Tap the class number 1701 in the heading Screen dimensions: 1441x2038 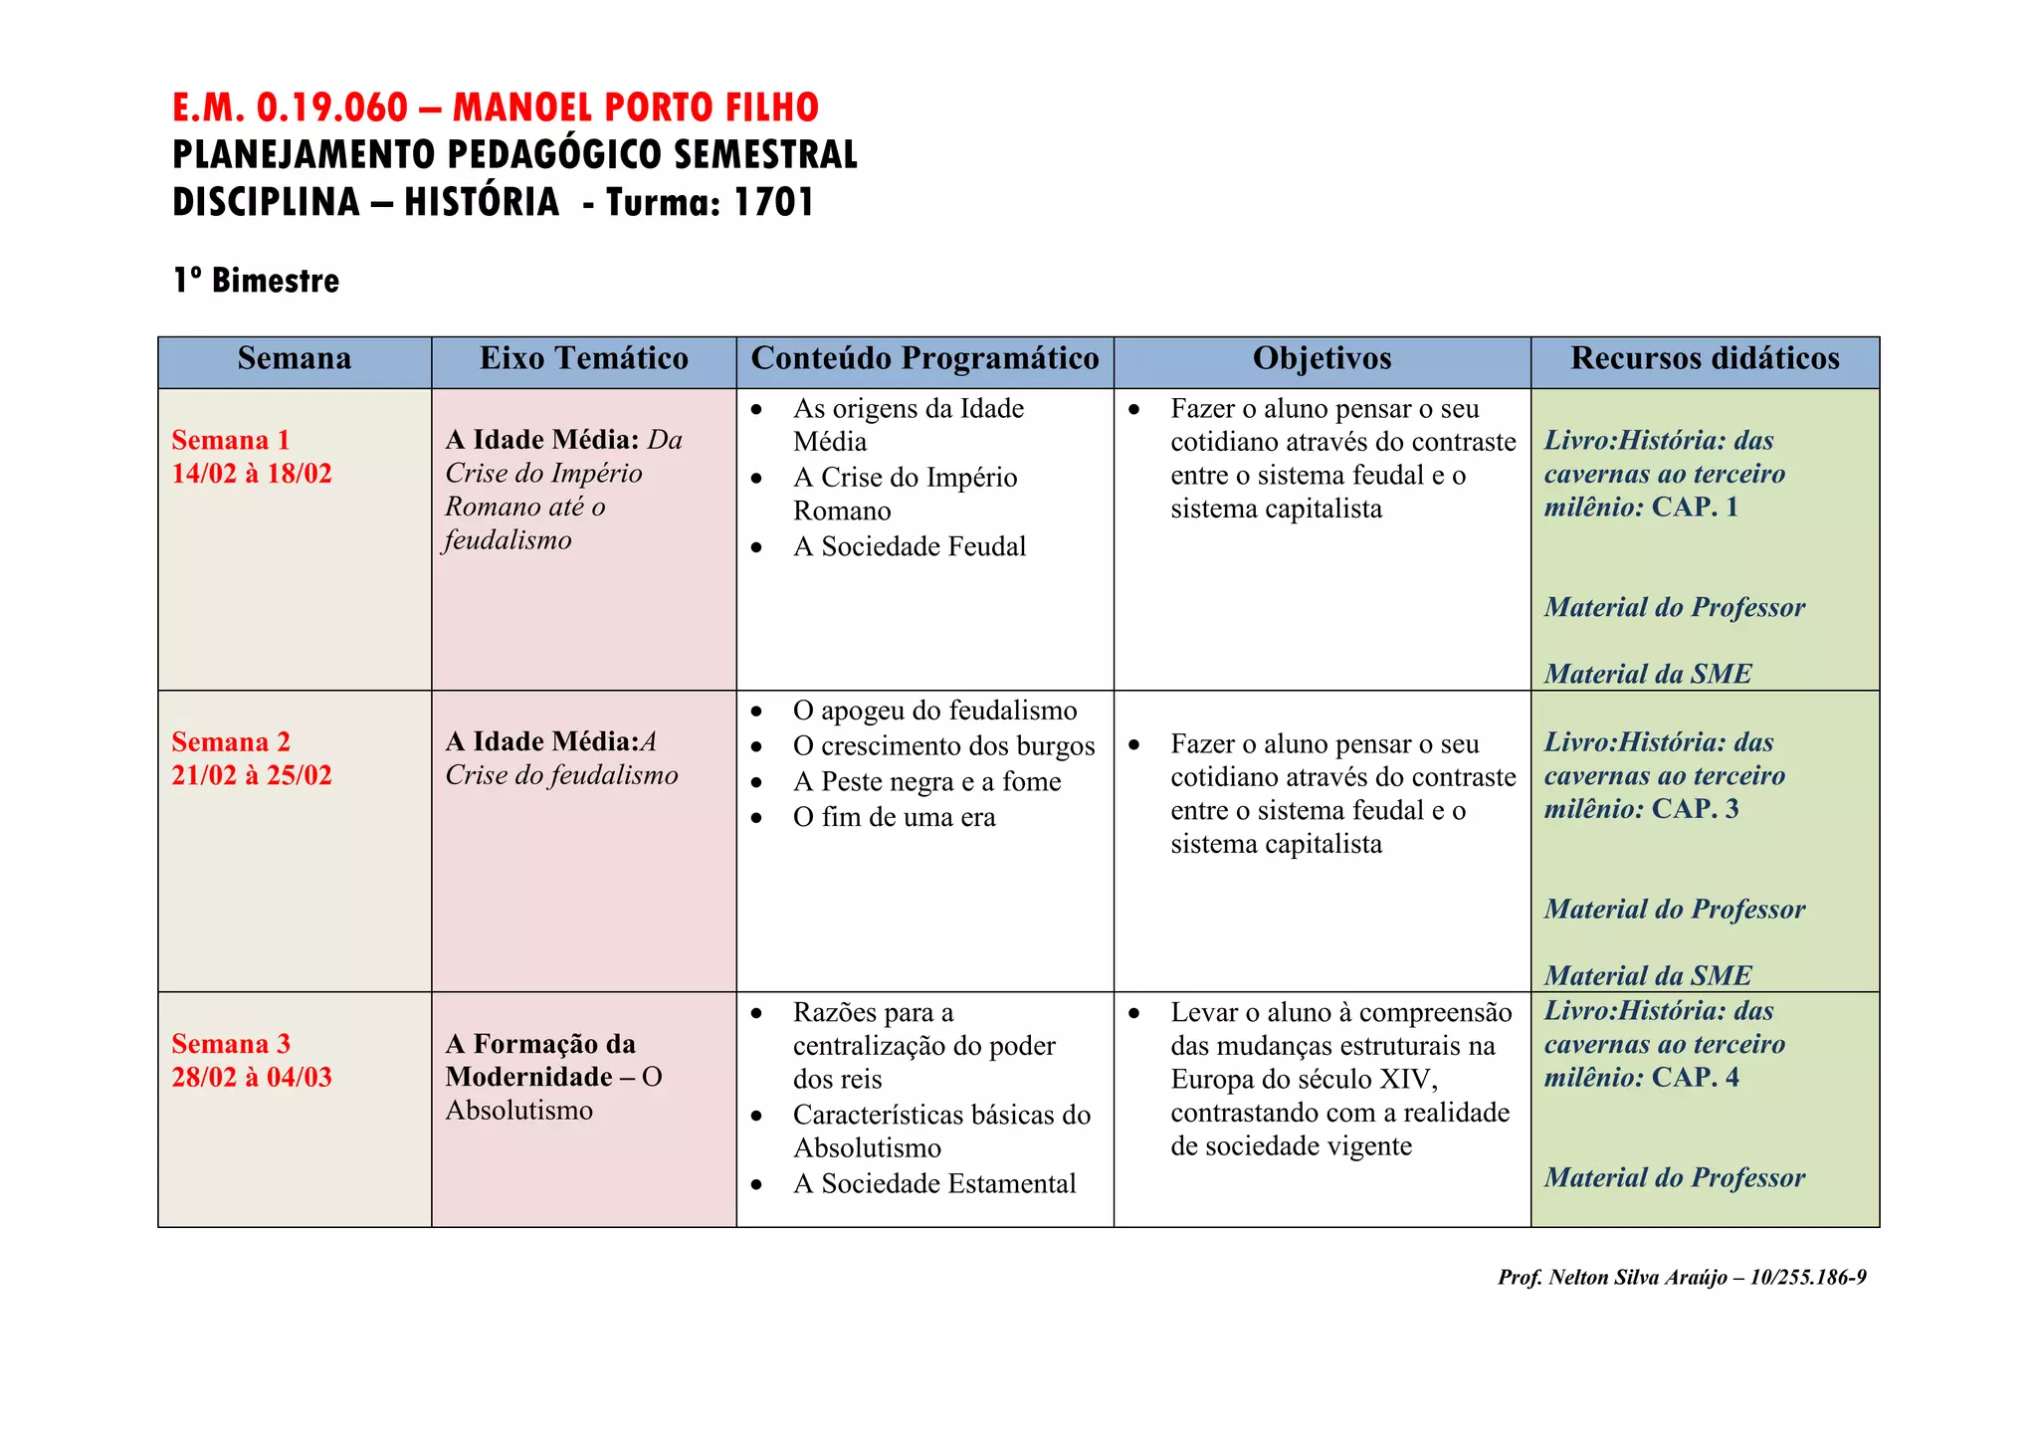tap(773, 202)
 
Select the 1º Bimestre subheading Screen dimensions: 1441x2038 tap(256, 281)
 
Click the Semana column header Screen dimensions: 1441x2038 tap(295, 358)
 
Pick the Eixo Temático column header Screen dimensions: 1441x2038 tap(584, 358)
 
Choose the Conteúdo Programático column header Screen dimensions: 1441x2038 tap(924, 358)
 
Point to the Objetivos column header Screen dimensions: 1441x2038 tap(1322, 358)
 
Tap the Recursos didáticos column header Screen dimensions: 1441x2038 tap(1705, 358)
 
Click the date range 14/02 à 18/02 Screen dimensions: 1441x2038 tap(252, 474)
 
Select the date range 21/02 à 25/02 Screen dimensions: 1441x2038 tap(252, 775)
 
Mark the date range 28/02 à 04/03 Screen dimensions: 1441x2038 tap(252, 1077)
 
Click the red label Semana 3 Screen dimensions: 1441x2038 tap(231, 1043)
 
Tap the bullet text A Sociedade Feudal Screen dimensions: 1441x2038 tap(909, 546)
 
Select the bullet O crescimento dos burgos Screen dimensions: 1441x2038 tap(943, 746)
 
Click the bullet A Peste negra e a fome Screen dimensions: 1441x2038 tap(926, 782)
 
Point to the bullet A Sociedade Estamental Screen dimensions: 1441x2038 tap(934, 1183)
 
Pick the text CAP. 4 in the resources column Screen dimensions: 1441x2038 tap(1695, 1078)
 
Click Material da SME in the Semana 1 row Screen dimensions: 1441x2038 tap(1647, 674)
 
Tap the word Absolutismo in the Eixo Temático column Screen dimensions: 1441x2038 tap(518, 1111)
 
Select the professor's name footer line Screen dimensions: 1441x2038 tap(1682, 1278)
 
